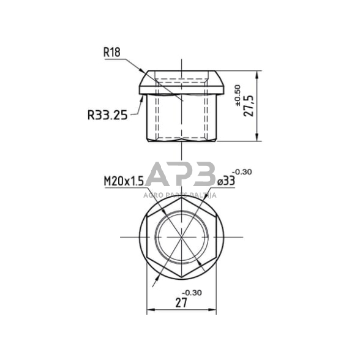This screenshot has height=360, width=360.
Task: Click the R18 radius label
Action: click(x=112, y=53)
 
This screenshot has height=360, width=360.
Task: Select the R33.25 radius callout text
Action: click(x=108, y=115)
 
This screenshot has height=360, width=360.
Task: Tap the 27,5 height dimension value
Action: click(x=249, y=105)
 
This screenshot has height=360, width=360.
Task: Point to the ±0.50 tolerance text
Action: click(x=238, y=96)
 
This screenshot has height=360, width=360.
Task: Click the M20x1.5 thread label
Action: click(x=124, y=181)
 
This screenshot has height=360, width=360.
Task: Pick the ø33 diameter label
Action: click(x=226, y=181)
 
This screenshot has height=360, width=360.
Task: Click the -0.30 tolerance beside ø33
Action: click(x=242, y=172)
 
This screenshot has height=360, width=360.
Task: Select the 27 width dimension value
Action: click(x=181, y=302)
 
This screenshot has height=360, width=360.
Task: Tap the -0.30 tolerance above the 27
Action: click(x=192, y=293)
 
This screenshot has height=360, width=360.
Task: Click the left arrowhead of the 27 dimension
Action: click(x=149, y=310)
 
